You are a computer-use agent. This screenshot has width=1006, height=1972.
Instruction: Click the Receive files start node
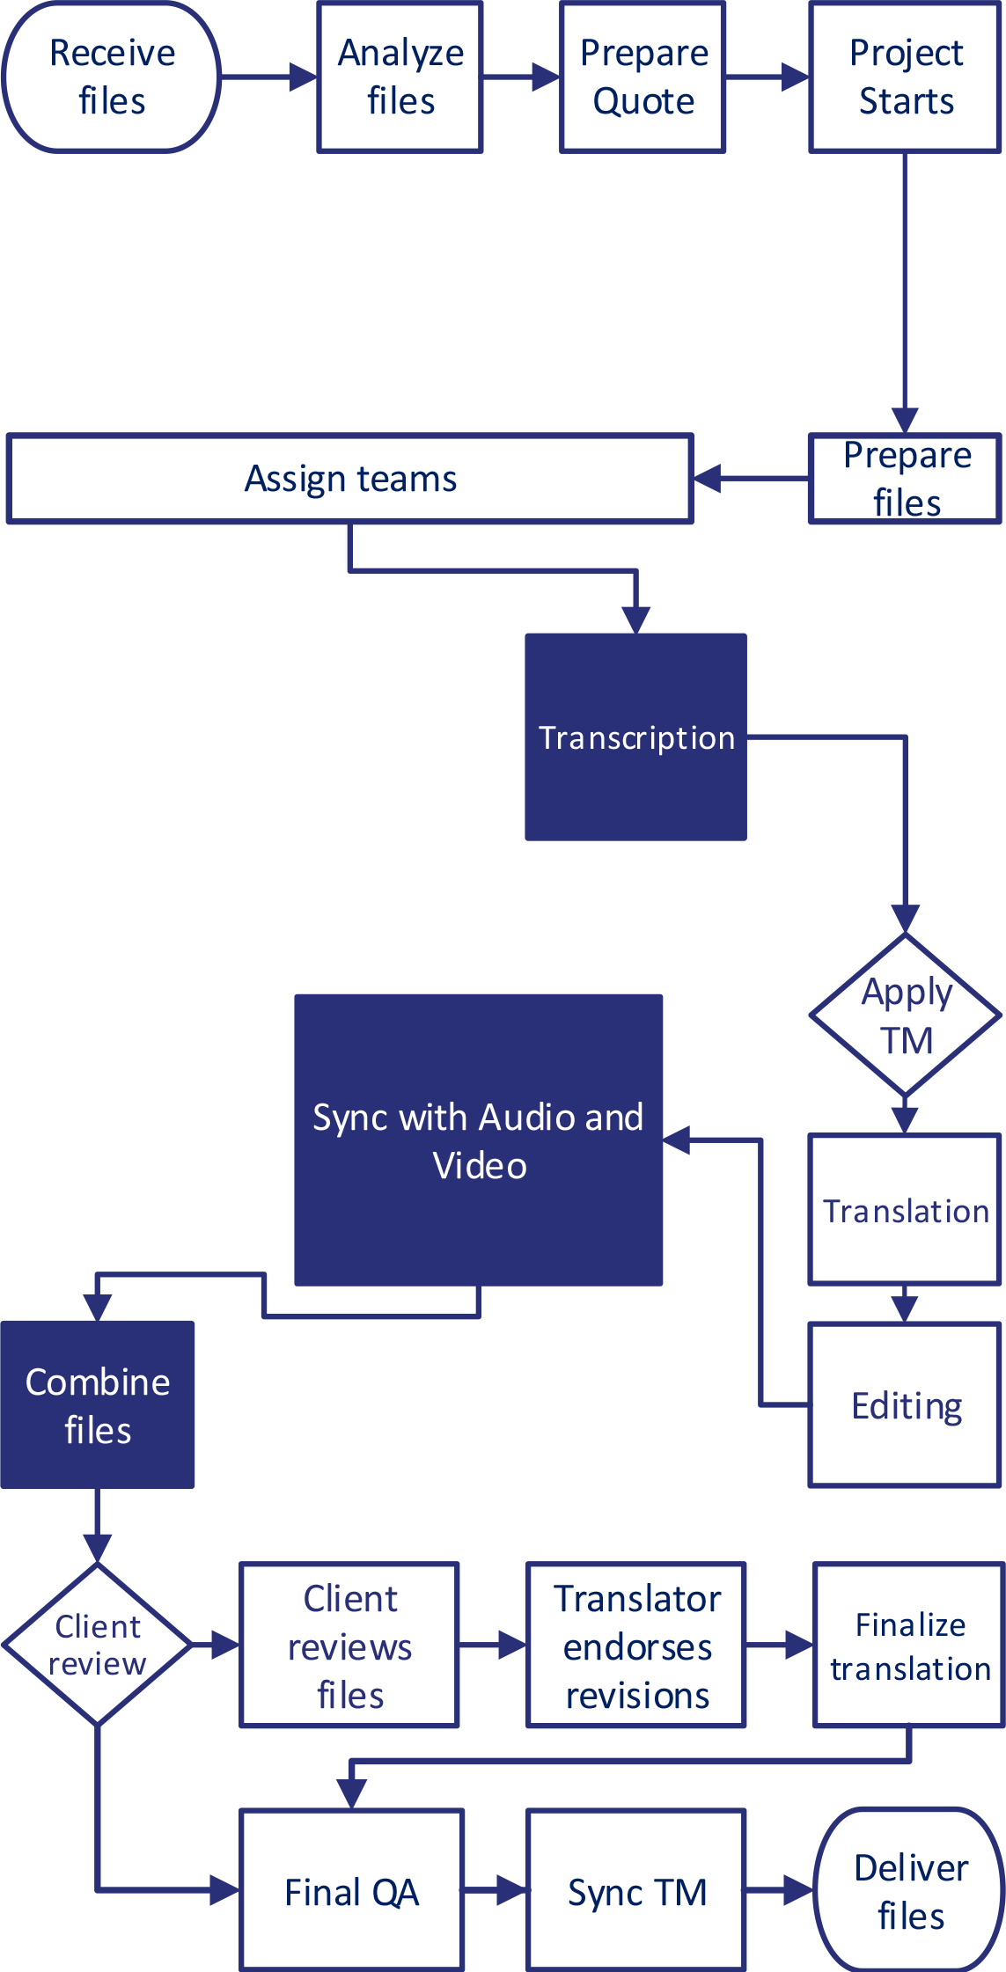112,77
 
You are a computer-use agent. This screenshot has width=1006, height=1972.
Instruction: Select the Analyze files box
400,77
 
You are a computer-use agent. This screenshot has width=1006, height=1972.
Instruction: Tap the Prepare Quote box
643,77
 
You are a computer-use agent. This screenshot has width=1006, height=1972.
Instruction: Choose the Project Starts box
906,77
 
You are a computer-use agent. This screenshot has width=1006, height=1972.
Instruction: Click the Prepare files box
906,479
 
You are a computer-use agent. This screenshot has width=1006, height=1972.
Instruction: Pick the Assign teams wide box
350,479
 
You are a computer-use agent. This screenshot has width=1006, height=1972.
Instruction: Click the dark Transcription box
636,737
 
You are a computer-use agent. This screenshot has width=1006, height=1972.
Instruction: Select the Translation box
906,1210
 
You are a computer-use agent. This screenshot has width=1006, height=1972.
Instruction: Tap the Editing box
906,1405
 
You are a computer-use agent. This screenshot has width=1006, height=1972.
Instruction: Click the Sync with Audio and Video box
479,1140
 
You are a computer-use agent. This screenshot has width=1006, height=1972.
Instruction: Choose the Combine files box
98,1405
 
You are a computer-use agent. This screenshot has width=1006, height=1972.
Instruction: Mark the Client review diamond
98,1644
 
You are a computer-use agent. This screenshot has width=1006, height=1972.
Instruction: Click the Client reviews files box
350,1646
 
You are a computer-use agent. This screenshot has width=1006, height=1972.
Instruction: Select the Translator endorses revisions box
636,1646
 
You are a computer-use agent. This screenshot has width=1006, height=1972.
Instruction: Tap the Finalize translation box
909,1646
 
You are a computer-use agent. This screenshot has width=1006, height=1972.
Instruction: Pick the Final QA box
352,1891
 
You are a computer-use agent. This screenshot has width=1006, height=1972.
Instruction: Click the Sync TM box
636,1891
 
